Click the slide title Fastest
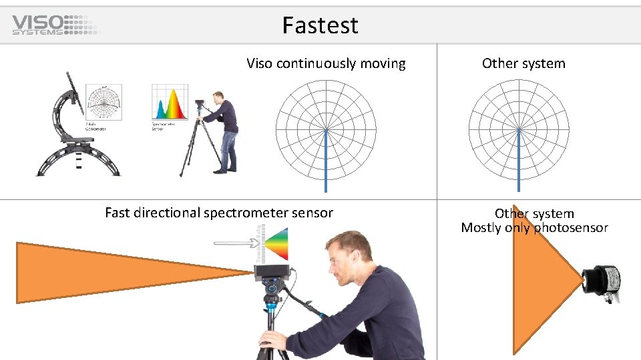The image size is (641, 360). click(x=320, y=25)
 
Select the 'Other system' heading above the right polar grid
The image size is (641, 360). click(x=523, y=64)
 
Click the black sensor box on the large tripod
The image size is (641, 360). click(x=272, y=272)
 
